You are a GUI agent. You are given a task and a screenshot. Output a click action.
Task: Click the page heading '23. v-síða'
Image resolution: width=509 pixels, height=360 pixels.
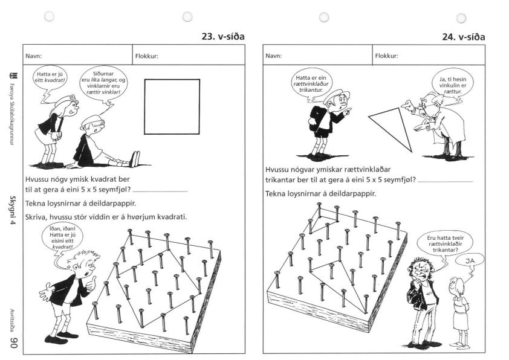223,36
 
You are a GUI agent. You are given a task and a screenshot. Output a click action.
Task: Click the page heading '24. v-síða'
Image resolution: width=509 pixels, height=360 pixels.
464,37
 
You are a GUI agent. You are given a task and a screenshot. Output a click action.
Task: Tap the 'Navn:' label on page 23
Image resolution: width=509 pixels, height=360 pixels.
33,56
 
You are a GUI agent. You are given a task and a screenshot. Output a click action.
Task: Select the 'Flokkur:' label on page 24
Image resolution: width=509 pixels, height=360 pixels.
386,56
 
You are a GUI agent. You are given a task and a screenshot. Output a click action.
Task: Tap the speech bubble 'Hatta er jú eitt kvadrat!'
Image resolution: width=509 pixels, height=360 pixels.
50,77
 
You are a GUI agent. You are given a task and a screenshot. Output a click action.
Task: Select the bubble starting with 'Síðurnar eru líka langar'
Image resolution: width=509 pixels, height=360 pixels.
103,83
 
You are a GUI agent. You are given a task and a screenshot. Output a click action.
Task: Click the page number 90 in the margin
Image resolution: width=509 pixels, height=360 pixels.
13,342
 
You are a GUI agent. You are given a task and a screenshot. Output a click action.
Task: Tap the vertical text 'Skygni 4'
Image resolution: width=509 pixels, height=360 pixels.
13,210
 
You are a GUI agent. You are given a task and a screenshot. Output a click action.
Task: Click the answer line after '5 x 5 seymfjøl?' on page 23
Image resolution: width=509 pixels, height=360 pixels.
160,191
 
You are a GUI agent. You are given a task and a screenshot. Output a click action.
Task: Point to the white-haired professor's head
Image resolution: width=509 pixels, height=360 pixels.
432,104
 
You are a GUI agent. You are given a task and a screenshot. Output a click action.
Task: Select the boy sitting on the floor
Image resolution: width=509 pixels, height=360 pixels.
104,144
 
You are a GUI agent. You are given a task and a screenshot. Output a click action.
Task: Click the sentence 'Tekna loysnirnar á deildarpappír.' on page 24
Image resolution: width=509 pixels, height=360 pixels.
321,194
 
